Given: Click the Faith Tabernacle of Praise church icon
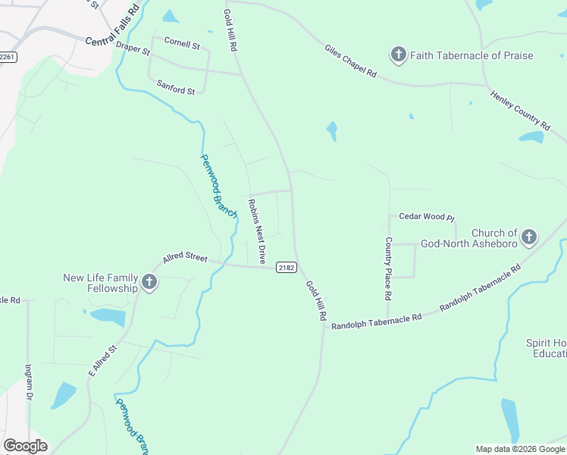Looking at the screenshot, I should [398, 55].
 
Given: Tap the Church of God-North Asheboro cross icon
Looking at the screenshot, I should [528, 237].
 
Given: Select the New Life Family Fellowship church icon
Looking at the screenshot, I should [149, 283].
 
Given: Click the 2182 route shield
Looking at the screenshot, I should [286, 267].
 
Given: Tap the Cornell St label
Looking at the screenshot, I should [182, 45].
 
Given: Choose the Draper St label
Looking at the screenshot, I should [133, 50].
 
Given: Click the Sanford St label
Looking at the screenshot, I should [176, 87].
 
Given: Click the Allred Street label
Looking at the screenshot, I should [185, 258].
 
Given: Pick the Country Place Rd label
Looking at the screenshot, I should [388, 267].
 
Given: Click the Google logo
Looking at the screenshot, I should [25, 445].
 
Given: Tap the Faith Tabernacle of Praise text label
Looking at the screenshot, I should [471, 55].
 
